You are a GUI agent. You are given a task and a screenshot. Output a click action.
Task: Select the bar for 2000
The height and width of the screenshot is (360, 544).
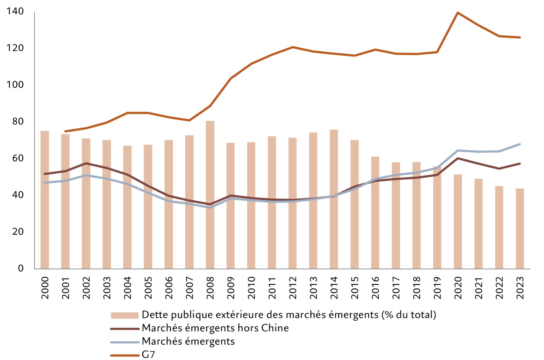(45, 200)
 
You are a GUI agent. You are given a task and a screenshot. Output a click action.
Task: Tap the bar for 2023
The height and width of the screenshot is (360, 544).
(520, 228)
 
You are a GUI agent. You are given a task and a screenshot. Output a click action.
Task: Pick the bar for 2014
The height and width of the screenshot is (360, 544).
(334, 199)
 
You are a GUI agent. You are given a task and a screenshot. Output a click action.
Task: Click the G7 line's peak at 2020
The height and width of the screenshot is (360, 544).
(457, 13)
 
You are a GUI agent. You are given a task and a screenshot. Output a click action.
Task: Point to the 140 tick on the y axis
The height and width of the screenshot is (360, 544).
(15, 12)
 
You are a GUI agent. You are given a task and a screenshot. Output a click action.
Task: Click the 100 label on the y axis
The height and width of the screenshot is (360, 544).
(15, 85)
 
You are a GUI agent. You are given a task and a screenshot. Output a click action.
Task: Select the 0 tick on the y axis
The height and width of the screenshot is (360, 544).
(21, 268)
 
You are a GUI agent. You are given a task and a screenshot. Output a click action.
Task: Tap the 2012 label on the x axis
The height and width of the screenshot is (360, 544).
(293, 288)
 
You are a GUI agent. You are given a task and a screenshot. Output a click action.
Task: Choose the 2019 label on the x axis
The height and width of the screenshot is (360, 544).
(437, 288)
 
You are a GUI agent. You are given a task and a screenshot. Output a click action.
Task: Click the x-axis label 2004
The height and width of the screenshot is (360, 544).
(127, 288)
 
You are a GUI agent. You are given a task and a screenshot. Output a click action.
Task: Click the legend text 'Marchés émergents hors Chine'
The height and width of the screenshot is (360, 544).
(215, 328)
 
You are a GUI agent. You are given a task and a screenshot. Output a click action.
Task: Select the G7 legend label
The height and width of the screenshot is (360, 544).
(148, 354)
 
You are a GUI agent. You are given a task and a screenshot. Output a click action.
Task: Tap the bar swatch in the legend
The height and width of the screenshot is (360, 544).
(124, 315)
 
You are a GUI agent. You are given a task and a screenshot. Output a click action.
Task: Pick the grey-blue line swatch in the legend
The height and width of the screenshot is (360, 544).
(124, 342)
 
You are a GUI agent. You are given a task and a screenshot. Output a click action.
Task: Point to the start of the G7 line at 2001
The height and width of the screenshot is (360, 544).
(65, 131)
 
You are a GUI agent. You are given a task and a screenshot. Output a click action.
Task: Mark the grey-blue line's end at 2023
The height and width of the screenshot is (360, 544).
(520, 144)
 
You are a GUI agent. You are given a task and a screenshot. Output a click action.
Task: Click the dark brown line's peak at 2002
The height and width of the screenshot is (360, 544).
(86, 163)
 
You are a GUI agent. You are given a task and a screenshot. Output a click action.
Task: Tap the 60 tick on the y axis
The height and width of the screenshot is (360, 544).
(15, 158)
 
